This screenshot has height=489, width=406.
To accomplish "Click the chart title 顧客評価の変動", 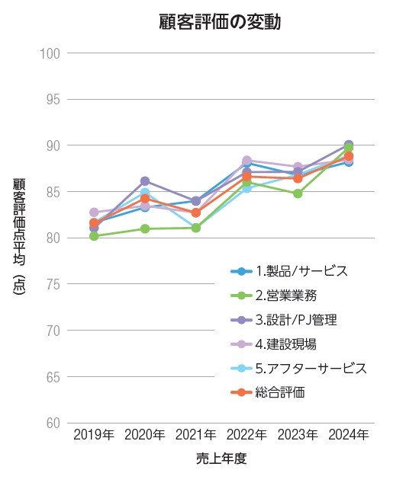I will tap(220, 22).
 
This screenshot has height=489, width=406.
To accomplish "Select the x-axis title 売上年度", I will tap(221, 459).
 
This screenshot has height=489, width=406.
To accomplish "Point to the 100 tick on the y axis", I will tap(50, 53).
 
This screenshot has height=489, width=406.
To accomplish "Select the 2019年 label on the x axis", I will tap(94, 435).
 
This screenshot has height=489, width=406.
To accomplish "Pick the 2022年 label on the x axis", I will tap(246, 435).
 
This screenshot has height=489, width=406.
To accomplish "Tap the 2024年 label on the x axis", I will tap(348, 435).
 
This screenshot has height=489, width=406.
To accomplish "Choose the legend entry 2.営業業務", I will tap(286, 295).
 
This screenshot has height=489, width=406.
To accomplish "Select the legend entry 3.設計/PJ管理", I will tap(295, 319).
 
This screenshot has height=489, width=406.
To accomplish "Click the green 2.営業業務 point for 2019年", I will tap(94, 236).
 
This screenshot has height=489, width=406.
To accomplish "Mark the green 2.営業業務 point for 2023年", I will tap(298, 193).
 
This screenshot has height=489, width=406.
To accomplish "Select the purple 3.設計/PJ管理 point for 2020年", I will tap(145, 181).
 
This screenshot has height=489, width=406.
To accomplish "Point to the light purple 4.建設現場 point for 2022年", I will tap(246, 161).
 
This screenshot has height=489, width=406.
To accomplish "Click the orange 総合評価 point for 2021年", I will tap(196, 213).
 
